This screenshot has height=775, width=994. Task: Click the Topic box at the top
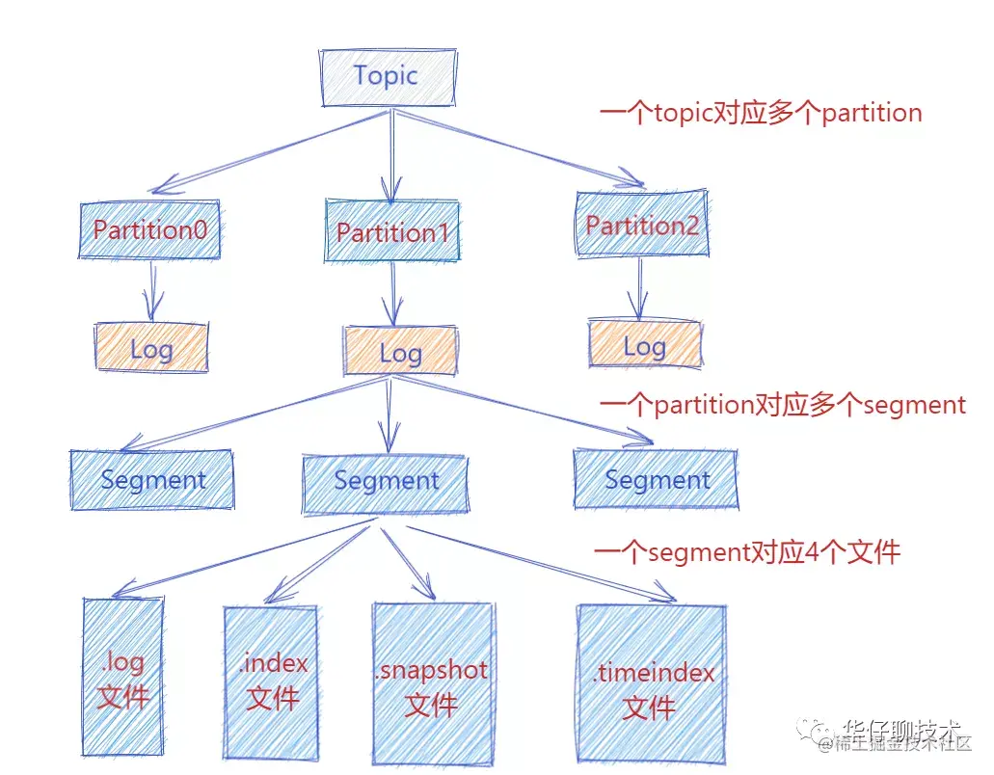[387, 76]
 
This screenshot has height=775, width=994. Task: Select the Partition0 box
[150, 230]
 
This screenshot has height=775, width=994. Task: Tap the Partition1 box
[391, 232]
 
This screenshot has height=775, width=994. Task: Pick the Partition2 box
[641, 226]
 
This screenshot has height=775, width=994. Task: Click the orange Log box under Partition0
[151, 348]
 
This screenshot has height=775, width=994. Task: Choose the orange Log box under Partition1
[400, 352]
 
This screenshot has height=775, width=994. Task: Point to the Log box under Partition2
[645, 346]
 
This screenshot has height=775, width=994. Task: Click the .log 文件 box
[122, 678]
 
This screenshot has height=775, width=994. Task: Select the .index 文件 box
[271, 681]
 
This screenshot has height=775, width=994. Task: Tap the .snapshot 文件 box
[432, 684]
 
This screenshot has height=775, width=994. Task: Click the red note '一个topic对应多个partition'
[761, 113]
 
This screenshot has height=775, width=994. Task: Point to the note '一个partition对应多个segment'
[782, 405]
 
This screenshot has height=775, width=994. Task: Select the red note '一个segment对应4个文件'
[747, 552]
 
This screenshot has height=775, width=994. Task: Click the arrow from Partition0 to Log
[151, 291]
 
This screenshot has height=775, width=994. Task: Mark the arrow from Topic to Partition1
[390, 154]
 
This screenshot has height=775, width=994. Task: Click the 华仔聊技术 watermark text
[902, 726]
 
